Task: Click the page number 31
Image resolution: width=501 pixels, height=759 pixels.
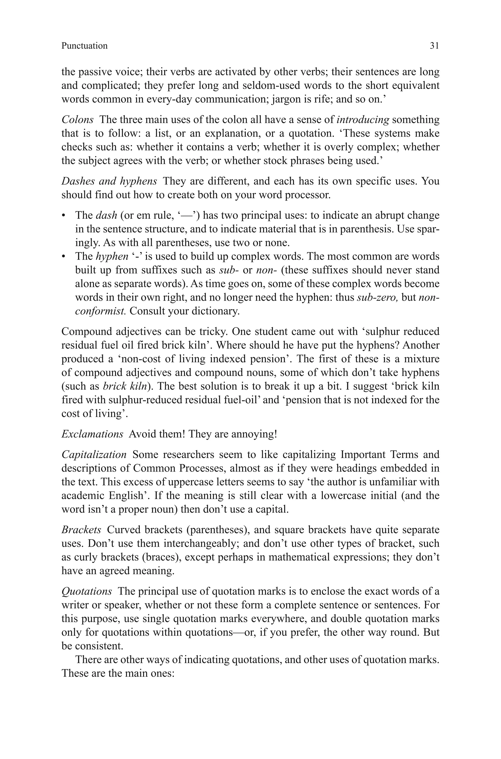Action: point(434,46)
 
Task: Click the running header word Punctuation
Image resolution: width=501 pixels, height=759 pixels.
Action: point(84,46)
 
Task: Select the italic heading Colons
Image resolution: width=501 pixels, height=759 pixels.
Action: point(77,120)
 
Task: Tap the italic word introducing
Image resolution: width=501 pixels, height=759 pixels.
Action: point(363,120)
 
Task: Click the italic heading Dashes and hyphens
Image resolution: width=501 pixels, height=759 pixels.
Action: point(109,181)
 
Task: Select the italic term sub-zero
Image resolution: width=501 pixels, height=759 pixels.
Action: point(377,297)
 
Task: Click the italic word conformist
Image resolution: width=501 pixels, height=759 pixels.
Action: point(100,311)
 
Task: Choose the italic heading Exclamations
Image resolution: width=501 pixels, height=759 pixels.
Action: point(92,434)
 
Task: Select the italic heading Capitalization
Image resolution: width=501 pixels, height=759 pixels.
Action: point(94,454)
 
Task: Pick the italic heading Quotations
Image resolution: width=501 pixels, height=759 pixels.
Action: point(87,591)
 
